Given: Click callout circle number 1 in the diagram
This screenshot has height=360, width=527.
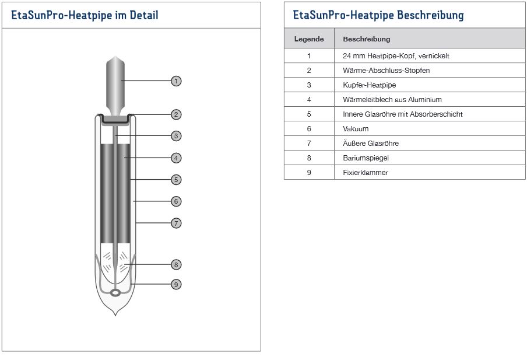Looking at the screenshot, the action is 176,81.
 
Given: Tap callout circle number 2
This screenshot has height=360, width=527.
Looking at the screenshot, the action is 176,114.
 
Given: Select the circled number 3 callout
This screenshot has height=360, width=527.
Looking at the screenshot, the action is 176,136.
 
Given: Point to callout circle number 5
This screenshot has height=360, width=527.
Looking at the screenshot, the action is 176,180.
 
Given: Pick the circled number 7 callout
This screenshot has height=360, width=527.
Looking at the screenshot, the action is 176,223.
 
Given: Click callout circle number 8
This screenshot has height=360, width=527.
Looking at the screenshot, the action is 176,264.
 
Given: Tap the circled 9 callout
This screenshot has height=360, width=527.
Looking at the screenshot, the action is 176,284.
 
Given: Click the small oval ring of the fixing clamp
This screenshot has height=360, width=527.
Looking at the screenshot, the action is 115,293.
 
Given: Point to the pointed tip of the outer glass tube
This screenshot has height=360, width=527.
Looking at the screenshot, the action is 115,316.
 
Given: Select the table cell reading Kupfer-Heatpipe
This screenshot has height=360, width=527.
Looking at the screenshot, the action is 430,85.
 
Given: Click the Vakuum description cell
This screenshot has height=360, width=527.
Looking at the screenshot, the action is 430,128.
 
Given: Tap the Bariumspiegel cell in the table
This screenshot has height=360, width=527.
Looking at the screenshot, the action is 430,158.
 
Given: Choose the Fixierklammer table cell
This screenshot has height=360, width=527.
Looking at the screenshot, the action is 430,172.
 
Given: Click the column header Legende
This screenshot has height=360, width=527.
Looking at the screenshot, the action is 309,39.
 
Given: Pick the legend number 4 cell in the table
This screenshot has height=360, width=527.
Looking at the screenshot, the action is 309,100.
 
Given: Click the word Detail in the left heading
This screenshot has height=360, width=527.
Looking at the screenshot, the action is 144,15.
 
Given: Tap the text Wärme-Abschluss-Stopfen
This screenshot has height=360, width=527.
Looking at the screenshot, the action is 386,71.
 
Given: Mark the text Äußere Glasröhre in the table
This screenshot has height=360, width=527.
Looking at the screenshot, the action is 371,144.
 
